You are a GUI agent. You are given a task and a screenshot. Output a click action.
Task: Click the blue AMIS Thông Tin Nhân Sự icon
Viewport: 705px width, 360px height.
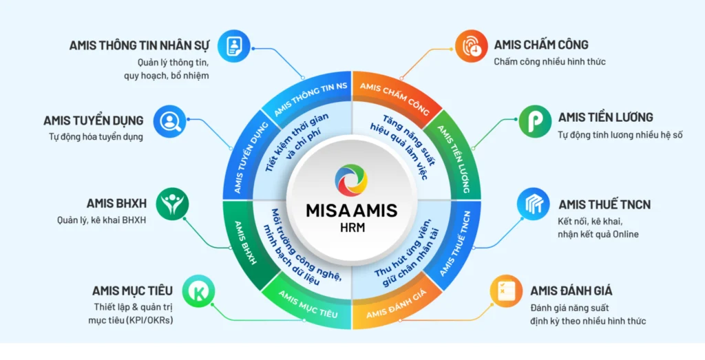point(233,45)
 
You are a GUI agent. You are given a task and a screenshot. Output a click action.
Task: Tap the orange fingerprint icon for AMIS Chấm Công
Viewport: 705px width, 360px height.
point(471,45)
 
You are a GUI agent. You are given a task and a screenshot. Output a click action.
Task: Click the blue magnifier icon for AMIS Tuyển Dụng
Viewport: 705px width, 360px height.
point(167,121)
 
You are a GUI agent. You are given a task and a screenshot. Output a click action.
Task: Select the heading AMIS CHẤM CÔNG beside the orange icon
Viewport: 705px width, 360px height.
point(541,45)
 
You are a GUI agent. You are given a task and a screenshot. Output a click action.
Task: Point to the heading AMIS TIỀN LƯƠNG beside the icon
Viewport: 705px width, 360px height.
point(605,118)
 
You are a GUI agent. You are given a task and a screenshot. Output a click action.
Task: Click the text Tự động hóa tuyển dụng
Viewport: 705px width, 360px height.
point(96,136)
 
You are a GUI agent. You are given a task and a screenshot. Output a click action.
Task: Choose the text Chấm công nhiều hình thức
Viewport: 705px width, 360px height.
point(549,62)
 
